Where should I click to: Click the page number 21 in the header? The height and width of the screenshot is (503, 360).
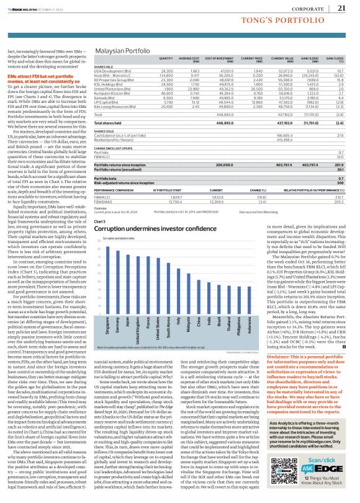pyautogui.click(x=341, y=8)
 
